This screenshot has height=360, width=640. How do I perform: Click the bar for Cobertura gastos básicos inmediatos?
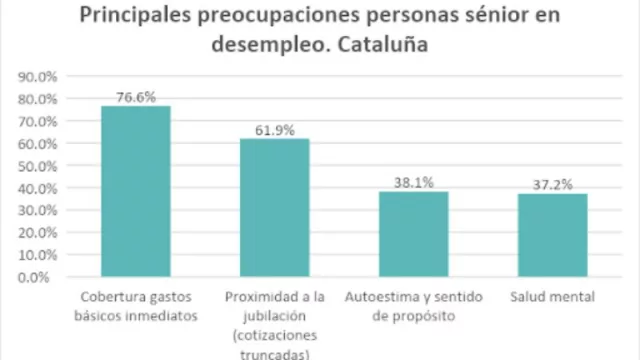(x=136, y=191)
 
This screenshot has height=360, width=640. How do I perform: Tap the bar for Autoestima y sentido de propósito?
(x=413, y=234)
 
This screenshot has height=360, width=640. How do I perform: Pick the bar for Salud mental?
(x=552, y=235)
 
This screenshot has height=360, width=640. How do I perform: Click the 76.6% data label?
(x=136, y=97)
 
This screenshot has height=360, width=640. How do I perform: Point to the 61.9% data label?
(x=274, y=130)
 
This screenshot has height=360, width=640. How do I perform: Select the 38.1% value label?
(x=413, y=183)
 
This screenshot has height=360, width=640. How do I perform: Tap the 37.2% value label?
(x=552, y=185)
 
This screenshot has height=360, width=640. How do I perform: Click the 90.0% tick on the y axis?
(x=39, y=76)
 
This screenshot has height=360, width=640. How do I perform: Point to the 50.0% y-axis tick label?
(x=39, y=166)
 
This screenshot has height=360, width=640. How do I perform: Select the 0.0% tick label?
(x=42, y=277)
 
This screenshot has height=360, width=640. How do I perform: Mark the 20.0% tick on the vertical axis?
(x=39, y=233)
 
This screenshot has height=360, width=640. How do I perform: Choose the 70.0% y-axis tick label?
(x=39, y=121)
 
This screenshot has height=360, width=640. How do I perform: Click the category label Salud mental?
(x=552, y=298)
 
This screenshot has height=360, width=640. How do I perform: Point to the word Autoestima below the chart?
(x=379, y=298)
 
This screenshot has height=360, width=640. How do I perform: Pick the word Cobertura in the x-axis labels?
(x=109, y=298)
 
